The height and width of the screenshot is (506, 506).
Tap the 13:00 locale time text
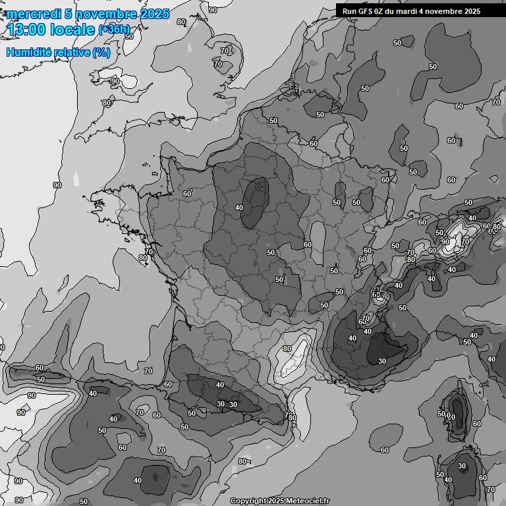[51, 29]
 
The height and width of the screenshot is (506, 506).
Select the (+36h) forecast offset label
[114, 30]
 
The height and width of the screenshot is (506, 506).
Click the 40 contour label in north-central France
[239, 208]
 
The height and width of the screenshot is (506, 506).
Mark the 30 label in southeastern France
[382, 361]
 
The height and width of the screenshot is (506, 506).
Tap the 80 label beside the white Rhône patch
[287, 349]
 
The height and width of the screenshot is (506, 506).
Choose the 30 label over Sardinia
[462, 466]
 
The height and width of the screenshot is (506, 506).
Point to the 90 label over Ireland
[115, 81]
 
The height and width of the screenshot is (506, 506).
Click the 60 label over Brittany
[187, 194]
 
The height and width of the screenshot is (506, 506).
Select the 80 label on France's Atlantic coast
[143, 258]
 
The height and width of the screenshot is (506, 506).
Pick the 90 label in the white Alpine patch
[445, 242]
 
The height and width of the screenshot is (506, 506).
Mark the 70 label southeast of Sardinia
[490, 490]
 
